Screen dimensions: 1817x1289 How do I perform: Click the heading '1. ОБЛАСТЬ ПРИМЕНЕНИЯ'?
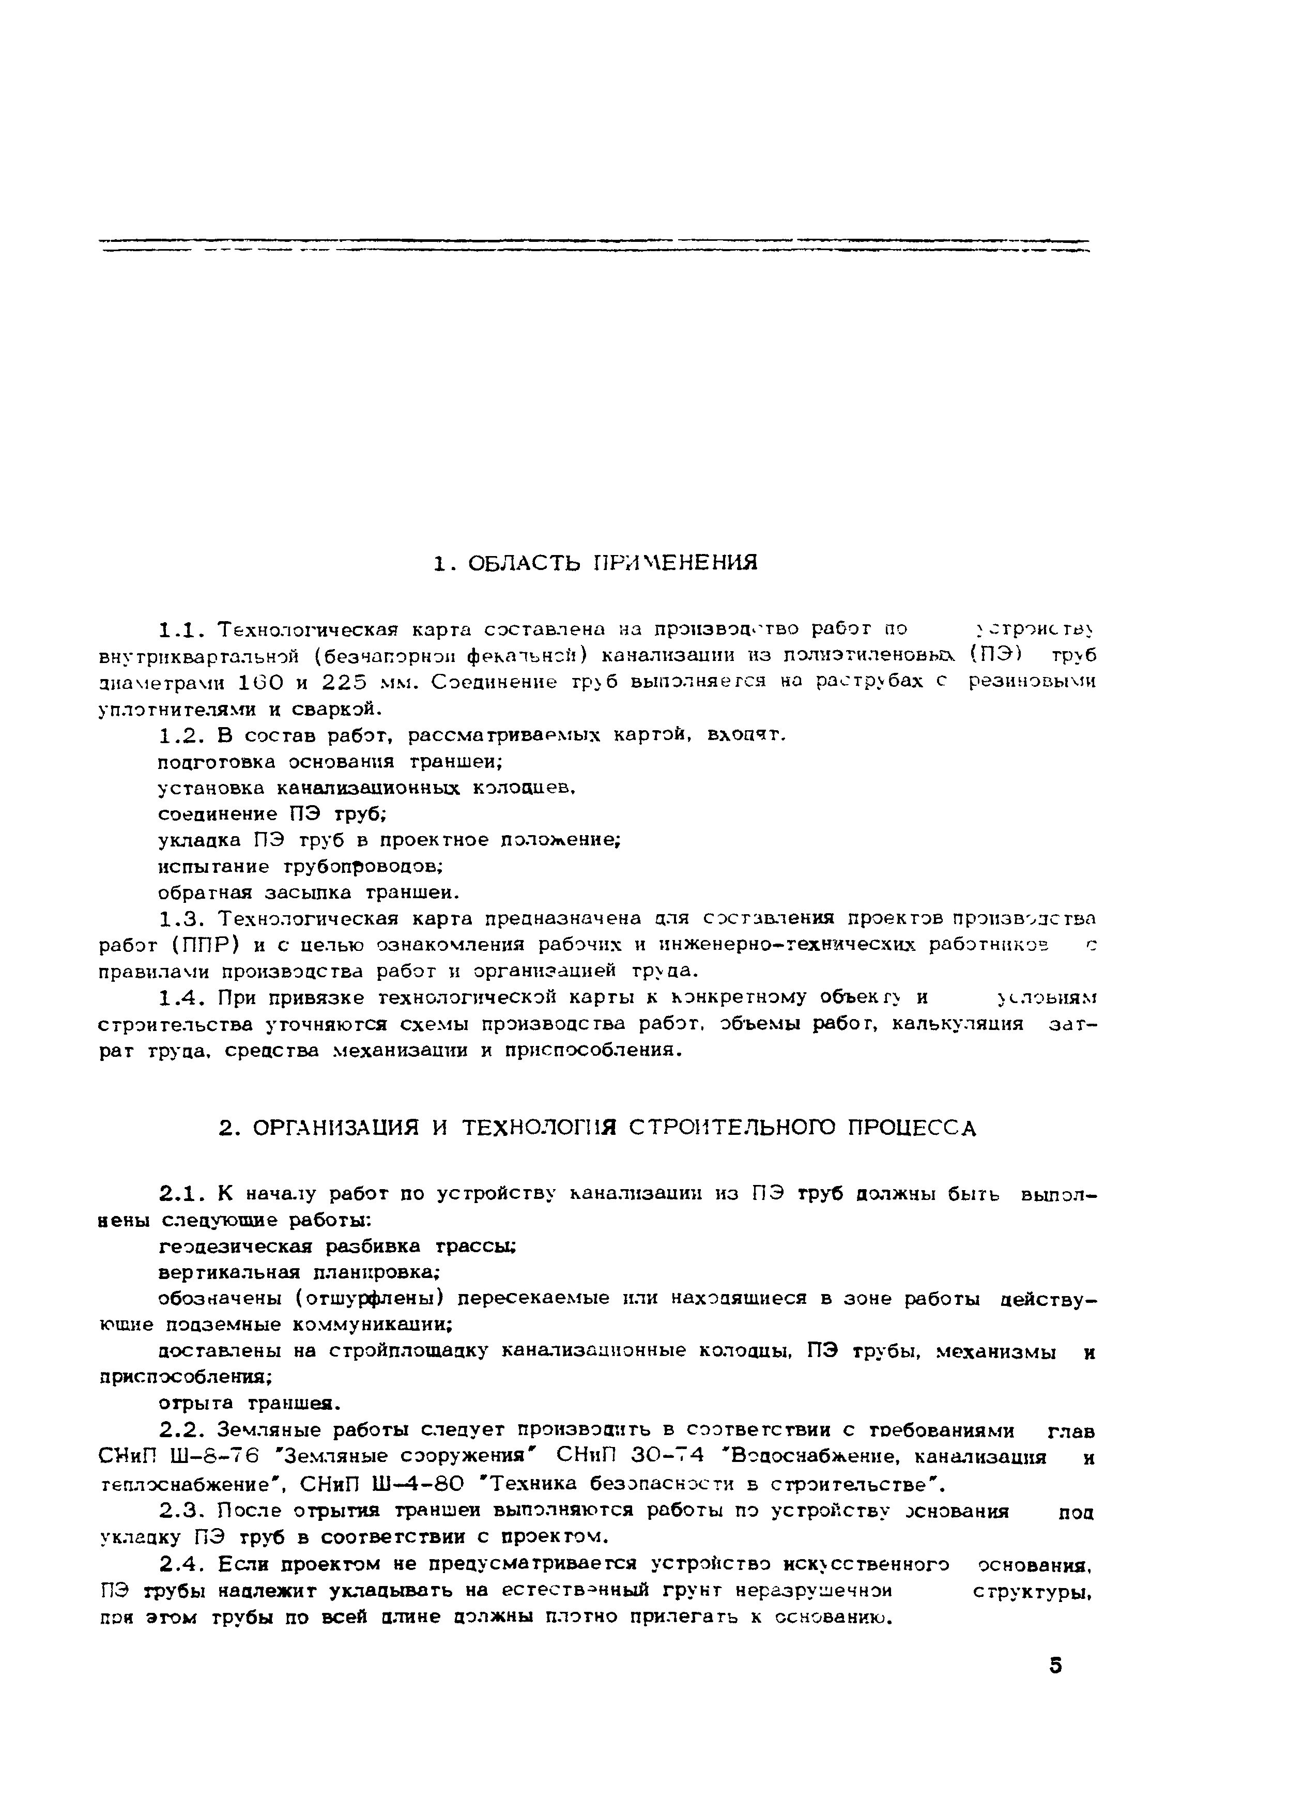pos(595,563)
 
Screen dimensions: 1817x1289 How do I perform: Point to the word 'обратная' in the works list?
pos(205,892)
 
